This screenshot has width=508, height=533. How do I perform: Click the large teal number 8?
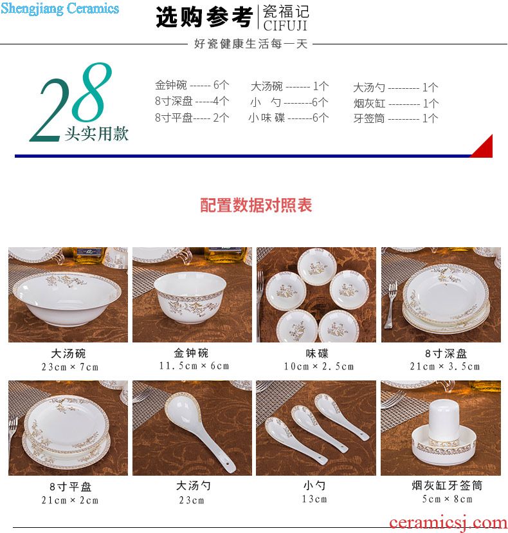coord(92,92)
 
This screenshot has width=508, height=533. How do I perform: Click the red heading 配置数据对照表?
coord(256,205)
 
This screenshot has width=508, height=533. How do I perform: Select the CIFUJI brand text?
coord(286,26)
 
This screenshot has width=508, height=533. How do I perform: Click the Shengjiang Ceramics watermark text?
coord(60,8)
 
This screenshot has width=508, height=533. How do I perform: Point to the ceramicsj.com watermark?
coord(448,523)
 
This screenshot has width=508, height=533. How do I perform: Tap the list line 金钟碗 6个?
coord(192,84)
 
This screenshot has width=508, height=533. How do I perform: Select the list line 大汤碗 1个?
coord(289,86)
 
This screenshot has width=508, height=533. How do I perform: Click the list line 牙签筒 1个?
coord(395,118)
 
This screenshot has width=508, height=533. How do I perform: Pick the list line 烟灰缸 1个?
coord(396,103)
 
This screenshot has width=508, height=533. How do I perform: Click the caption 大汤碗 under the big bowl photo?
coord(68,353)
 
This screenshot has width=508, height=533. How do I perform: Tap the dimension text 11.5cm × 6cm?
coord(194,366)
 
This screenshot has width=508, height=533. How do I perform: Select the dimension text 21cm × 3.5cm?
coord(445,366)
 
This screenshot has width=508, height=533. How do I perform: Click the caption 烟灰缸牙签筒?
coord(447,485)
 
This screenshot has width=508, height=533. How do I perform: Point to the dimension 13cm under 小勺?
coord(314,499)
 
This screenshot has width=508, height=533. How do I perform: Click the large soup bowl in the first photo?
coord(68,298)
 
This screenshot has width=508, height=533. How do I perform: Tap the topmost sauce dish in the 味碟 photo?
coord(317,266)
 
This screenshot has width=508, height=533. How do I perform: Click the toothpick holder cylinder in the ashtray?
coord(444,420)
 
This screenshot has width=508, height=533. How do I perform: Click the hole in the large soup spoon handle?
coord(227,463)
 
